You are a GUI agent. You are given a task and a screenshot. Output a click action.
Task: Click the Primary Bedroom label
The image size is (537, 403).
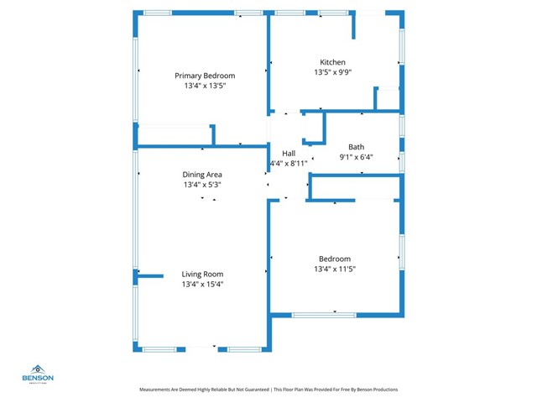pyautogui.click(x=205, y=76)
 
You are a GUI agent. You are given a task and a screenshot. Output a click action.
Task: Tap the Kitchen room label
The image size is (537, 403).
pyautogui.click(x=332, y=62)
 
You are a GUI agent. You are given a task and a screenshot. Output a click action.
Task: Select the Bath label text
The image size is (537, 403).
pyautogui.click(x=357, y=146)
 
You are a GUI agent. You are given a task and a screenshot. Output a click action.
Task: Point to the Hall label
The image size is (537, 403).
pyautogui.click(x=289, y=153)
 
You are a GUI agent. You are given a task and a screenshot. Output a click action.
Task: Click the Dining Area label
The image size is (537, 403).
pyautogui.click(x=202, y=175)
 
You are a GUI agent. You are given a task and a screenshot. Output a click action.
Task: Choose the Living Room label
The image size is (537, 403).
pyautogui.click(x=202, y=274)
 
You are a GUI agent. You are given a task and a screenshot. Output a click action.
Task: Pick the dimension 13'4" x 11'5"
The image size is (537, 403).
pyautogui.click(x=335, y=269)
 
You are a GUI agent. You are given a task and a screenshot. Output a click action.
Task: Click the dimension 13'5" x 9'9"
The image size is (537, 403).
pyautogui.click(x=332, y=72)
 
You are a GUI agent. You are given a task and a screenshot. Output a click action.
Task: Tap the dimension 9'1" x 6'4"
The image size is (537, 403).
pyautogui.click(x=356, y=156)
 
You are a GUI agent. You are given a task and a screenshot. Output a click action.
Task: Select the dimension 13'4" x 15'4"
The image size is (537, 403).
pyautogui.click(x=202, y=284)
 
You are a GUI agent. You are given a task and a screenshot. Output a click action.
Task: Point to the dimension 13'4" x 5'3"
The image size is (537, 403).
pyautogui.click(x=202, y=185)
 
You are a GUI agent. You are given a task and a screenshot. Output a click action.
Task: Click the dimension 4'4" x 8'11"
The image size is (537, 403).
pyautogui.click(x=288, y=163)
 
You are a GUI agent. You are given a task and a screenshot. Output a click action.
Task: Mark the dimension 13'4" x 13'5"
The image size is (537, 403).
pyautogui.click(x=205, y=86)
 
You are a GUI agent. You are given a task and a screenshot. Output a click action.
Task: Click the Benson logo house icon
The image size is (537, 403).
pyautogui.click(x=38, y=369)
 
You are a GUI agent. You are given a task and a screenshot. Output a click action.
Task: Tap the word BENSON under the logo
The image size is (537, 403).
pyautogui.click(x=38, y=378)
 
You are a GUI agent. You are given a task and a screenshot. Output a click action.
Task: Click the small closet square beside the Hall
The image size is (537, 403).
pyautogui.click(x=313, y=128)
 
